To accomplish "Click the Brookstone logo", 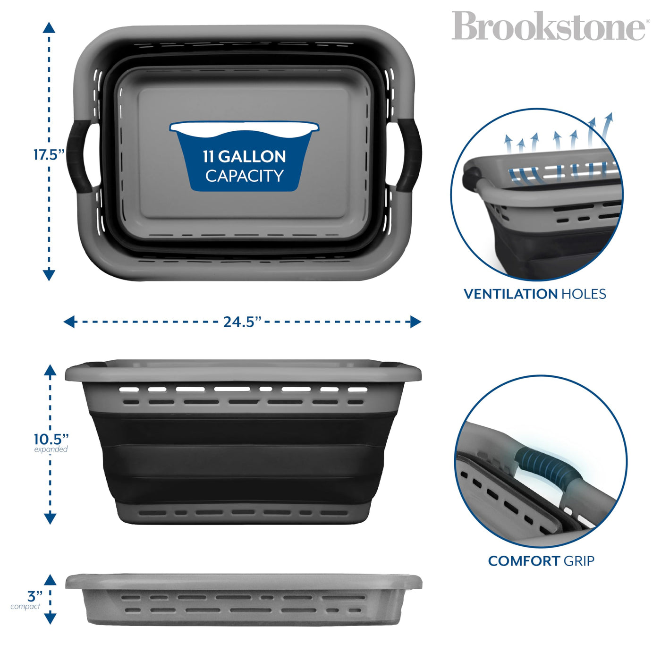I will [x=548, y=26].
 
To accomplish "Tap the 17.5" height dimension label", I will [x=49, y=154].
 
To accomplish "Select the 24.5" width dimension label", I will [x=242, y=322].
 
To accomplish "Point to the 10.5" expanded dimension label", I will [x=51, y=439].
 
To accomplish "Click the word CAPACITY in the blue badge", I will [x=244, y=176].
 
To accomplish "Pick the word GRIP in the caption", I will [x=579, y=561].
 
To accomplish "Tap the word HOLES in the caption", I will [x=584, y=294].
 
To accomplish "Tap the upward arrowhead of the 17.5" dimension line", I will [x=49, y=27].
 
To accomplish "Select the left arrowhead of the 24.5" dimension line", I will [x=69, y=322].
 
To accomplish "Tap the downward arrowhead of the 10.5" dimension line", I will [x=50, y=518].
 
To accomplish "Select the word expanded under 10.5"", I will [x=51, y=449].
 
